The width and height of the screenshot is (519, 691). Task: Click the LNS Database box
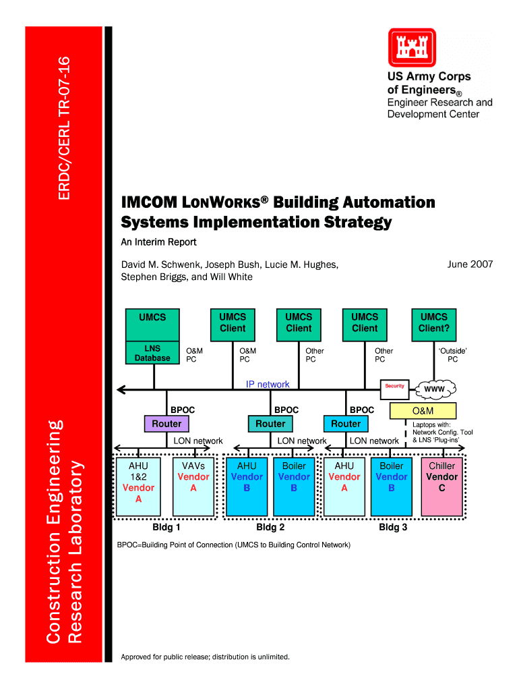click(x=153, y=353)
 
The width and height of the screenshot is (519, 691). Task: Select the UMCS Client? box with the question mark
click(x=434, y=323)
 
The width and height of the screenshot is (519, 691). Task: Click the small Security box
click(x=394, y=386)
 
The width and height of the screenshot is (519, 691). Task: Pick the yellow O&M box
click(x=423, y=410)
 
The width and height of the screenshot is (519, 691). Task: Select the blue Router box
click(x=346, y=424)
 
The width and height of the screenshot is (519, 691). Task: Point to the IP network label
click(x=268, y=385)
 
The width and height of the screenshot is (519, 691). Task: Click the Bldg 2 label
click(x=270, y=527)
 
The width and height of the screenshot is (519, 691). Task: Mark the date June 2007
click(x=470, y=265)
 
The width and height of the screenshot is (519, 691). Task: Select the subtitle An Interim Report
click(x=158, y=242)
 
